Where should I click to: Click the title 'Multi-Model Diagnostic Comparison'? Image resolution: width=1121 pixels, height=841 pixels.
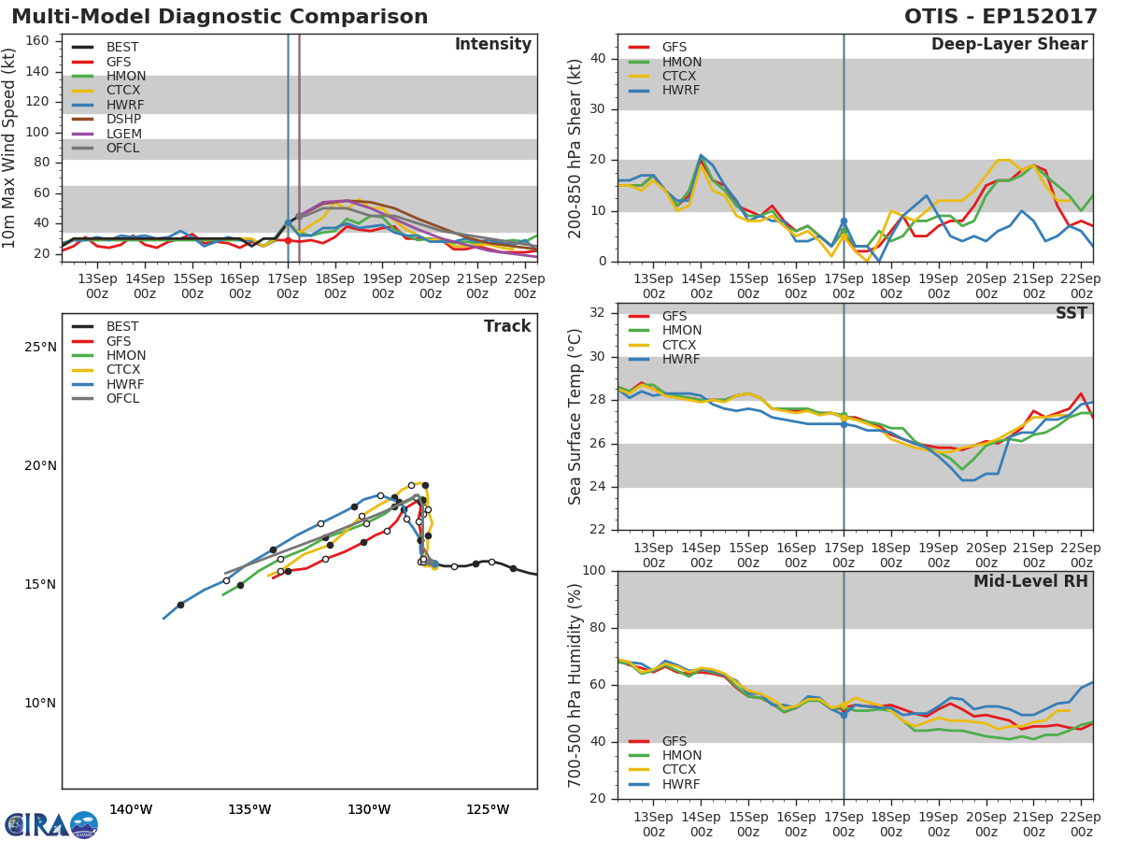pyautogui.click(x=220, y=17)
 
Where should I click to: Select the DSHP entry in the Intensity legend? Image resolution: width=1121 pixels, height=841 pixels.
pyautogui.click(x=123, y=120)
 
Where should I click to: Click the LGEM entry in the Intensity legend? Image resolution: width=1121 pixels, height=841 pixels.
pyautogui.click(x=123, y=134)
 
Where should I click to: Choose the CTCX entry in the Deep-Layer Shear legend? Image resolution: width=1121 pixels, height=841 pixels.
pyautogui.click(x=681, y=77)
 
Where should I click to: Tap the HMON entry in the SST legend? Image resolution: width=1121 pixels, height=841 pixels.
pyautogui.click(x=681, y=331)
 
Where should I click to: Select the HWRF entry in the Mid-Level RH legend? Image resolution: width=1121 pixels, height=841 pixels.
pyautogui.click(x=681, y=785)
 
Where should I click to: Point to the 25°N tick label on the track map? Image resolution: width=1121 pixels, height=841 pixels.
pyautogui.click(x=40, y=348)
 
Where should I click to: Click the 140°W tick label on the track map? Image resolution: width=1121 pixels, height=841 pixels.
pyautogui.click(x=131, y=810)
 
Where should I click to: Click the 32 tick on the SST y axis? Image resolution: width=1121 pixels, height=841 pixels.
pyautogui.click(x=598, y=313)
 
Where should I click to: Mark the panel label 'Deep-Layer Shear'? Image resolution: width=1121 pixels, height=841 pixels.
pyautogui.click(x=1009, y=45)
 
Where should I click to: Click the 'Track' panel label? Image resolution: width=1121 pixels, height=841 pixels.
pyautogui.click(x=507, y=326)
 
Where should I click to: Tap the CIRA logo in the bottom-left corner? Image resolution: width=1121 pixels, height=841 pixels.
pyautogui.click(x=51, y=824)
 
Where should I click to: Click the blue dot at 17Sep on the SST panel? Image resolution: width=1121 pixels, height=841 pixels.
pyautogui.click(x=844, y=424)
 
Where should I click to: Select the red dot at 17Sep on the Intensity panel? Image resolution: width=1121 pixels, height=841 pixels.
pyautogui.click(x=288, y=240)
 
